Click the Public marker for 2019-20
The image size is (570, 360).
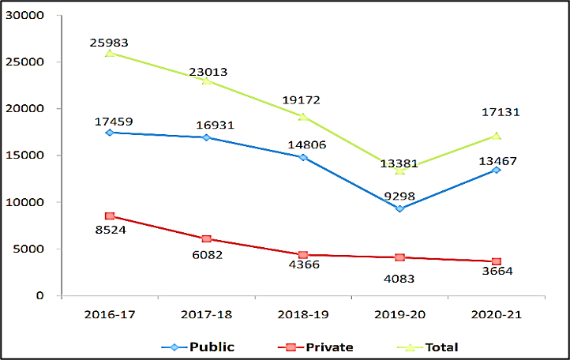[x=399, y=209]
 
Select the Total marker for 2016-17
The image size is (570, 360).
[x=109, y=53]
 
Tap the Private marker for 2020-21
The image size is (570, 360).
[x=496, y=261]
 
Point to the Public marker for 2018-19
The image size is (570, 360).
[x=302, y=157]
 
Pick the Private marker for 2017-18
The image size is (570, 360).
[x=206, y=238]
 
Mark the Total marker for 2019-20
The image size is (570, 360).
[x=399, y=171]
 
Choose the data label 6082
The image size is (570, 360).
[x=206, y=255]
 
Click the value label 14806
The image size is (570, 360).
[x=303, y=144]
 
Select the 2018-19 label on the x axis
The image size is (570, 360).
[x=302, y=314]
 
